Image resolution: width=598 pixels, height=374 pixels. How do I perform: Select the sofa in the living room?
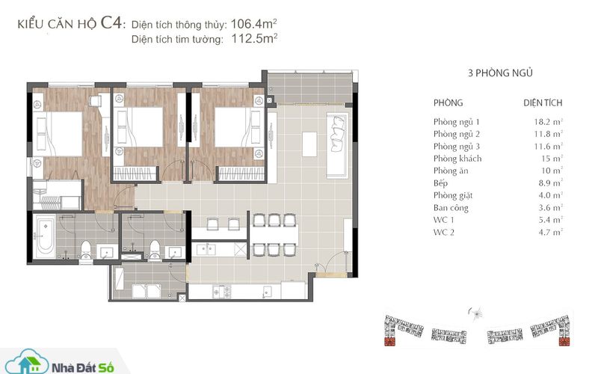click(x=338, y=145)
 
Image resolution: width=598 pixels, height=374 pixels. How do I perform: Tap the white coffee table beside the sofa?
click(x=309, y=144)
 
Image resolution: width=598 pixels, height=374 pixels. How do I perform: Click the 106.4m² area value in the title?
click(x=253, y=24)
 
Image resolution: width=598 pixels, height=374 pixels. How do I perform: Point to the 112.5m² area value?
click(x=254, y=39)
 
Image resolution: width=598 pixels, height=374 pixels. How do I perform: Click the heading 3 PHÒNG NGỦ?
click(x=500, y=73)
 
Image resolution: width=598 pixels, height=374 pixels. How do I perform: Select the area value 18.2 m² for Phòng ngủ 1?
click(x=548, y=122)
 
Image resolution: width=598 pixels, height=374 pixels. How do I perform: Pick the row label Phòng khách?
click(x=457, y=159)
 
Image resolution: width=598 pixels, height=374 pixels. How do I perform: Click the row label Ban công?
click(x=451, y=208)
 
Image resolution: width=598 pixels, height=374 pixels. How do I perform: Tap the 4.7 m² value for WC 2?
click(x=550, y=232)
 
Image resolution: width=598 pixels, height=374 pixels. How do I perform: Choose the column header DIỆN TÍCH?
click(x=543, y=103)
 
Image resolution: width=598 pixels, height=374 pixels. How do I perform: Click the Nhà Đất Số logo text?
click(x=83, y=368)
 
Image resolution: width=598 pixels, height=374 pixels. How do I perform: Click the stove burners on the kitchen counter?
click(x=221, y=292)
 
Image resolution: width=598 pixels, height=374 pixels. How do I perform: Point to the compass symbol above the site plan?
click(x=476, y=313)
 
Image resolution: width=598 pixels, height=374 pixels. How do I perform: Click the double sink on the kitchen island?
click(x=206, y=250)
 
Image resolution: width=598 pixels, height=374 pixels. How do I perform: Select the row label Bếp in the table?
click(x=440, y=183)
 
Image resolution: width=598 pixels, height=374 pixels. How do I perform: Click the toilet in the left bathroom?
click(x=86, y=250)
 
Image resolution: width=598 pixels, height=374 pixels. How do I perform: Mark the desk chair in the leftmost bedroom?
click(x=95, y=101)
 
